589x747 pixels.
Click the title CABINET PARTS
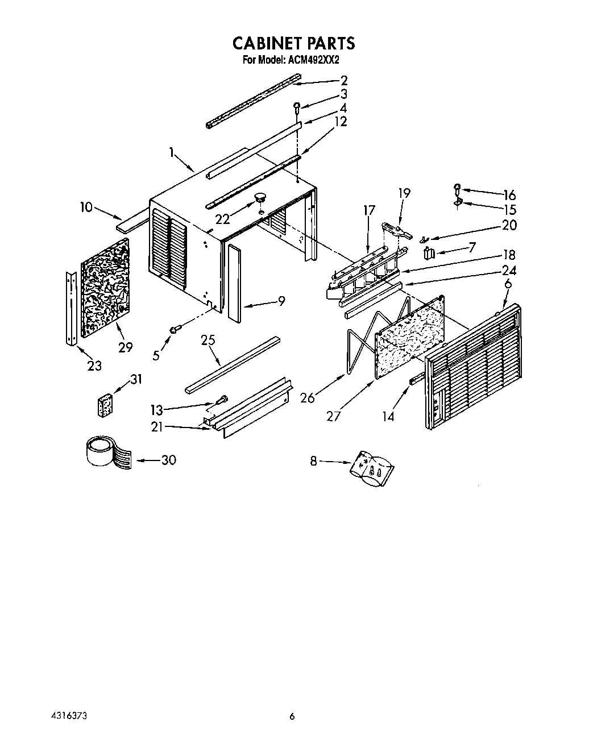point(293,43)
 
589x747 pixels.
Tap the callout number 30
point(168,460)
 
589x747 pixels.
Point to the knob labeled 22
point(260,197)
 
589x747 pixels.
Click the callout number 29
point(125,347)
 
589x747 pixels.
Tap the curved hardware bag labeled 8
point(372,467)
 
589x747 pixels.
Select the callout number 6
point(508,284)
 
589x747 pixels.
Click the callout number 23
point(94,365)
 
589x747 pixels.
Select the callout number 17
point(369,211)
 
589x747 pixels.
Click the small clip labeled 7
point(431,252)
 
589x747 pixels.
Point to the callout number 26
point(308,397)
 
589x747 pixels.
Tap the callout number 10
point(86,208)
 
